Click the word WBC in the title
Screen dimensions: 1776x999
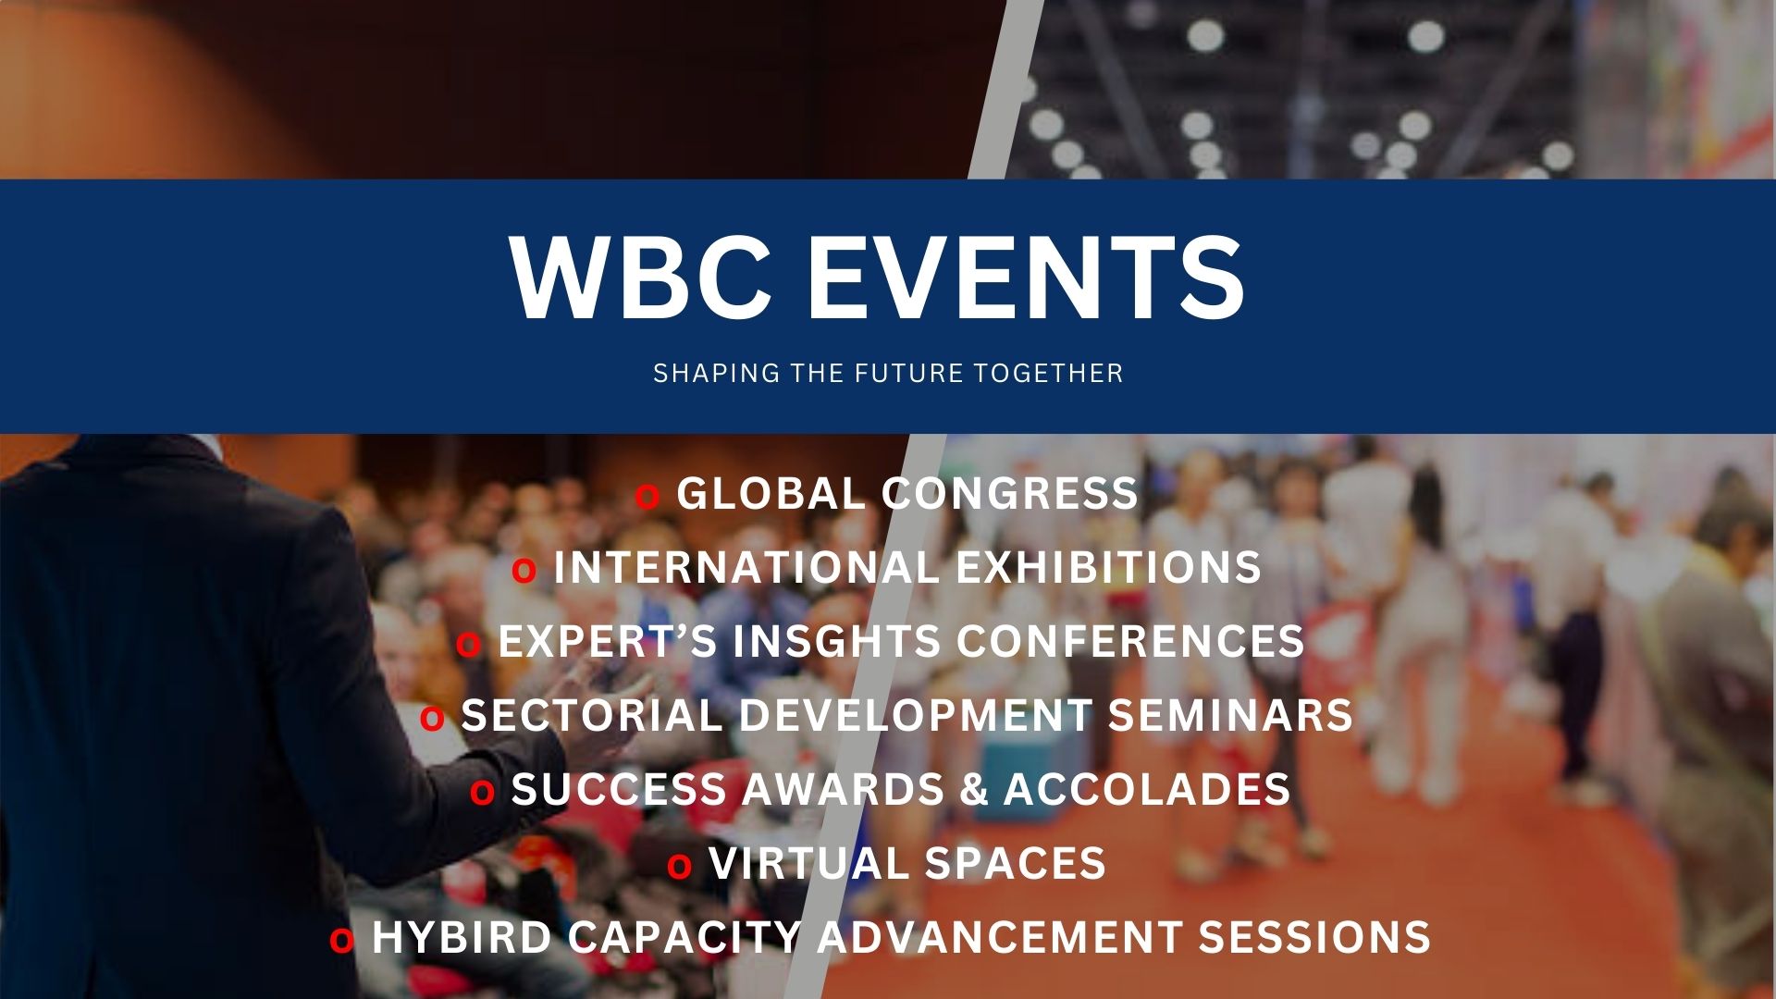[640, 278]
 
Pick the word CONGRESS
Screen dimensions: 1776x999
[1010, 494]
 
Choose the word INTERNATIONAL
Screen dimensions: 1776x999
[746, 568]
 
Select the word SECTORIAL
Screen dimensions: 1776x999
[591, 716]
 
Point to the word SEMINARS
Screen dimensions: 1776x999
[1230, 716]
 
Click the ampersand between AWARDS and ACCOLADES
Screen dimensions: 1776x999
[974, 790]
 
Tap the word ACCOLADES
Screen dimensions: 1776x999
[1147, 790]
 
